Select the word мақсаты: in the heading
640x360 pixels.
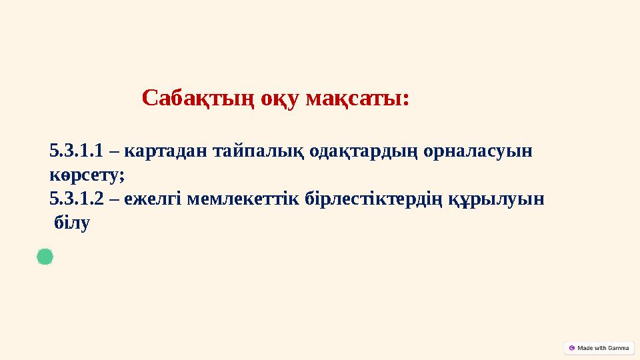click(x=357, y=99)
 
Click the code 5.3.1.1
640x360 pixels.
click(x=76, y=151)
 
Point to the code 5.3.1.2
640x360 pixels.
click(x=76, y=199)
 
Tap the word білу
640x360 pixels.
click(x=71, y=223)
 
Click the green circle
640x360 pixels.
click(x=45, y=257)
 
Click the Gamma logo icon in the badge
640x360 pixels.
click(x=572, y=347)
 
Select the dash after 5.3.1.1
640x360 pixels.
click(x=113, y=152)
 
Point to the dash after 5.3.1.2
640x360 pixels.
click(x=113, y=199)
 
